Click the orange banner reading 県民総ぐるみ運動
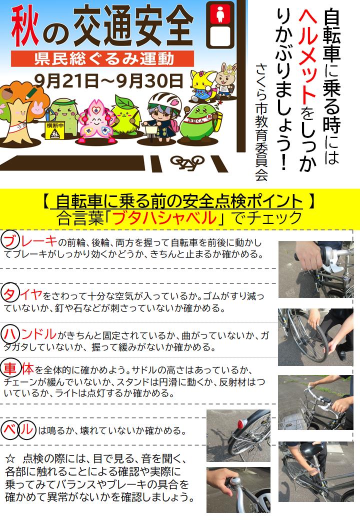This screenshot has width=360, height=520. click(102, 58)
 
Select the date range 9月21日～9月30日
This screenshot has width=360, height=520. click(108, 80)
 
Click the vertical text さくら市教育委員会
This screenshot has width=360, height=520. click(261, 121)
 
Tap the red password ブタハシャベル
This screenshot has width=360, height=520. click(164, 218)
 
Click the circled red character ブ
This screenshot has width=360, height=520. click(10, 240)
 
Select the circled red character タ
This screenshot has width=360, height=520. click(10, 294)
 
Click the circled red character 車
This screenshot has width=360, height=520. click(11, 368)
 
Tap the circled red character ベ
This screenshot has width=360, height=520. click(10, 430)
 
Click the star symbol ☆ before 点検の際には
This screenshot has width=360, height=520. click(11, 459)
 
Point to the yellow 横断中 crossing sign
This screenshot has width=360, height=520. click(55, 130)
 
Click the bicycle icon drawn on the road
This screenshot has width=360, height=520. click(187, 162)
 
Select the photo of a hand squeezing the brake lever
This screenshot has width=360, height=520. click(315, 269)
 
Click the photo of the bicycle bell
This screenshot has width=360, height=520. click(238, 490)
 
